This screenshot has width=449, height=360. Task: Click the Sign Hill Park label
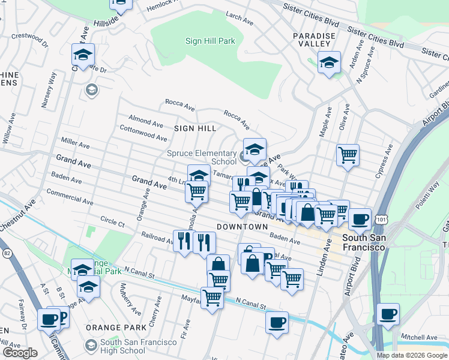tap(210, 41)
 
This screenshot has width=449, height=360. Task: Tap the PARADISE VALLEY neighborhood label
tap(314, 40)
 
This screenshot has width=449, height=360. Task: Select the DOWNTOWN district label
tap(242, 227)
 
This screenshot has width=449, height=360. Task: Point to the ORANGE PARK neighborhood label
tap(116, 328)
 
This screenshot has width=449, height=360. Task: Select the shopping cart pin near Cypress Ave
tap(348, 155)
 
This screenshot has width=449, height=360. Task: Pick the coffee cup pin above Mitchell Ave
tap(388, 314)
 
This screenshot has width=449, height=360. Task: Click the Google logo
tap(20, 353)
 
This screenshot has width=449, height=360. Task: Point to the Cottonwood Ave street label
tap(143, 133)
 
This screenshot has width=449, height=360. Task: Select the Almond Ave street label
tap(145, 121)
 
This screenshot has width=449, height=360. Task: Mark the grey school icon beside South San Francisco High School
tap(91, 346)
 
